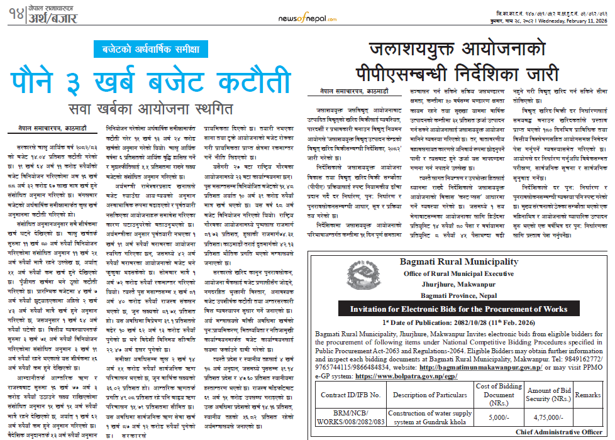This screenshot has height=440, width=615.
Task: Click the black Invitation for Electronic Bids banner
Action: tap(458, 309)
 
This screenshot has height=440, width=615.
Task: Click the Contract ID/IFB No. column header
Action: tap(351, 395)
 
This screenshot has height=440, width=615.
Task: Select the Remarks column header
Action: tap(587, 395)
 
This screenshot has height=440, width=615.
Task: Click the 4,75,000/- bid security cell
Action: tap(548, 417)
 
